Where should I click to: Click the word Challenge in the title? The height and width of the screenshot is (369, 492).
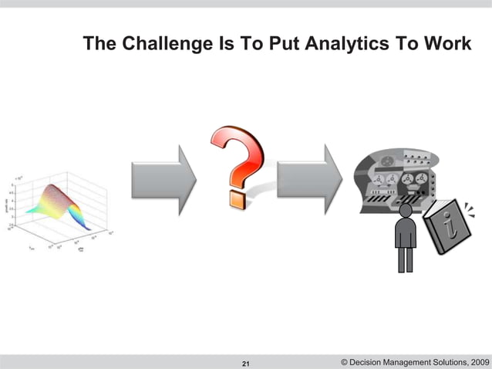(160, 43)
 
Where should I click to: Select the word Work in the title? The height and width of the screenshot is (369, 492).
(447, 43)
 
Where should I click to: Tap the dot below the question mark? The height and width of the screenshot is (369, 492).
(235, 199)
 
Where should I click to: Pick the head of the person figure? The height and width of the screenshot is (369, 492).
(405, 210)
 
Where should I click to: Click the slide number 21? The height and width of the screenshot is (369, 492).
(246, 363)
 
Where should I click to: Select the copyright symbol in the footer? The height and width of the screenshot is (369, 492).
(343, 362)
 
